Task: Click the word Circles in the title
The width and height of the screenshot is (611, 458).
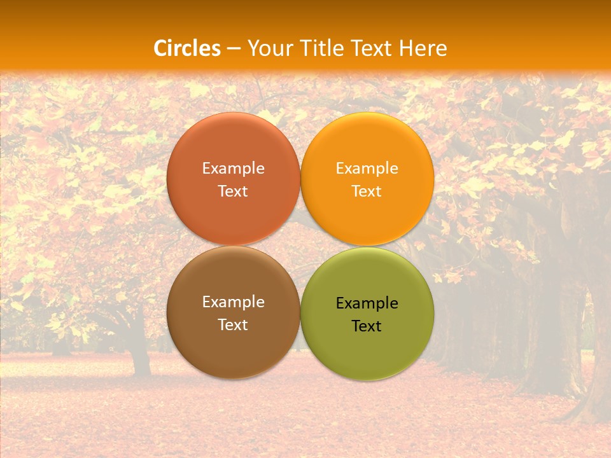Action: (x=187, y=48)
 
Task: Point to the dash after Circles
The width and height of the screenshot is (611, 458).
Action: (x=234, y=49)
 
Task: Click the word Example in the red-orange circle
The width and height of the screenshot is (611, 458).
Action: (x=233, y=169)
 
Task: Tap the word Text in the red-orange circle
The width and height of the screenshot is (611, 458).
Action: (x=233, y=191)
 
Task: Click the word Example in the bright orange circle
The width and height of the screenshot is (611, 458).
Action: (x=367, y=169)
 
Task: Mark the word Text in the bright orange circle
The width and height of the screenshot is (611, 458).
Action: (x=367, y=191)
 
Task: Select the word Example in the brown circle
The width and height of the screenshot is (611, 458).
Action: (x=233, y=302)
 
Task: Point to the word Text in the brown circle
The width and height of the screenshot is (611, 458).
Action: (x=233, y=325)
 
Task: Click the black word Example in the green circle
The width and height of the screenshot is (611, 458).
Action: (x=367, y=303)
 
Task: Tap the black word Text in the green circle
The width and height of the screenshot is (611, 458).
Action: (x=367, y=326)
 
